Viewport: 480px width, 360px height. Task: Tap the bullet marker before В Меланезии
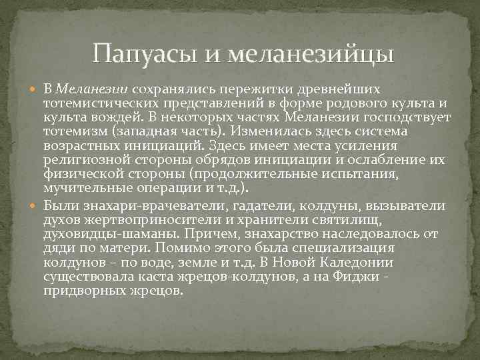click(x=36, y=89)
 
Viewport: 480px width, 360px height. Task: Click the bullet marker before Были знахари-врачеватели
click(x=36, y=203)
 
